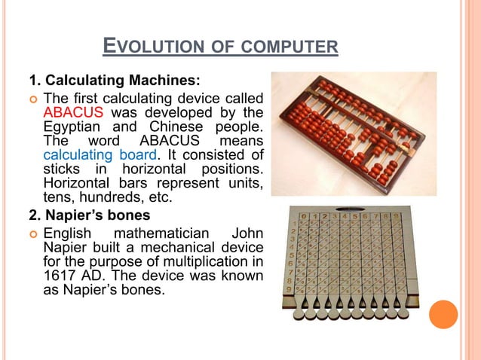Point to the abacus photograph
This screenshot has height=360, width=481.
point(354,133)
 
